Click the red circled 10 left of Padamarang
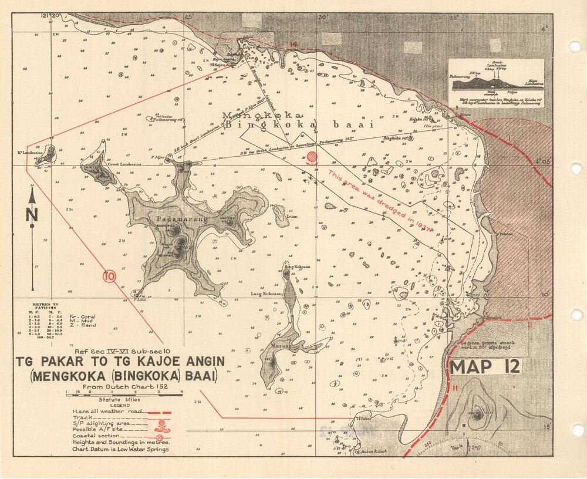[109, 275]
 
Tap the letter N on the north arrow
[32, 215]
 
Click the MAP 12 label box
[485, 367]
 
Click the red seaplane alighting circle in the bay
[312, 157]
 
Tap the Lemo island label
[292, 217]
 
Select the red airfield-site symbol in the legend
[159, 427]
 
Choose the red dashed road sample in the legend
[159, 413]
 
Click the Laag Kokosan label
[266, 293]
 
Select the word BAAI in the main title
[198, 375]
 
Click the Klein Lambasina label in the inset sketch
[531, 82]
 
